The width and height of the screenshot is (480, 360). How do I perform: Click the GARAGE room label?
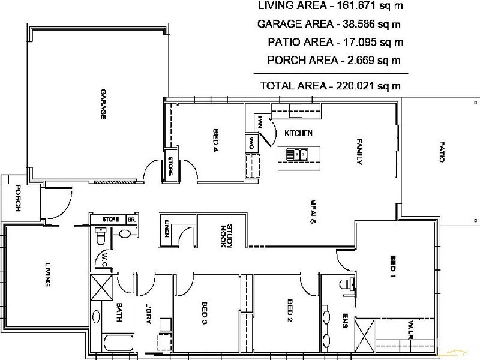pyautogui.click(x=103, y=104)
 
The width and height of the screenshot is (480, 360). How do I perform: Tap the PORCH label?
pyautogui.click(x=18, y=198)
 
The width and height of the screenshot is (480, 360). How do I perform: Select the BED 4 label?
pyautogui.click(x=216, y=140)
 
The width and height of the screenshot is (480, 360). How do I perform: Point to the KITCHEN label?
pyautogui.click(x=298, y=133)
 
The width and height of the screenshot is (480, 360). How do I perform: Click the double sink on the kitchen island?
pyautogui.click(x=296, y=154)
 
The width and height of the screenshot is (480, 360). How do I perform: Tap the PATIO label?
pyautogui.click(x=442, y=152)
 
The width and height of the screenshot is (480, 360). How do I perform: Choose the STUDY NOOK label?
pyautogui.click(x=227, y=236)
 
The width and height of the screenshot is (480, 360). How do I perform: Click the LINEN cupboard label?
pyautogui.click(x=167, y=229)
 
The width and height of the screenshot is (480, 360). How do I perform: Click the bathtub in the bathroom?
pyautogui.click(x=118, y=343)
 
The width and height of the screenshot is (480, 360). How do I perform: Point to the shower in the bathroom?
pyautogui.click(x=102, y=287)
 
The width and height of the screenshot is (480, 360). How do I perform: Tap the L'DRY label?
pyautogui.click(x=148, y=313)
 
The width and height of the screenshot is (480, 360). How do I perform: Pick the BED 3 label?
pyautogui.click(x=205, y=313)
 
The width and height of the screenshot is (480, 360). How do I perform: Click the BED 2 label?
pyautogui.click(x=290, y=310)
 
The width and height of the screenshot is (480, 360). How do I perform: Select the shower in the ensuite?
pyautogui.click(x=365, y=336)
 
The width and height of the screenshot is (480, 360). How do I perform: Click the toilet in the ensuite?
pyautogui.click(x=347, y=284)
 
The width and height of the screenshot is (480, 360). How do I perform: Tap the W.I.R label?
pyautogui.click(x=411, y=330)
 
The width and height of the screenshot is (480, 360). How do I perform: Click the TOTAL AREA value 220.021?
pyautogui.click(x=355, y=86)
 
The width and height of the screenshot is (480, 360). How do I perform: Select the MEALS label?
pyautogui.click(x=313, y=212)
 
